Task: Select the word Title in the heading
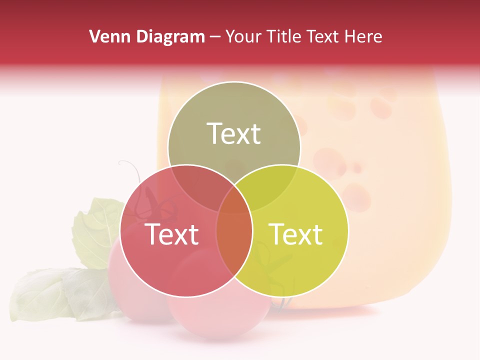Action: [285, 36]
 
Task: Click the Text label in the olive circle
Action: [234, 133]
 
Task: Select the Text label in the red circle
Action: [171, 234]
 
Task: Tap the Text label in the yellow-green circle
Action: [296, 234]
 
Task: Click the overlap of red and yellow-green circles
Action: [234, 235]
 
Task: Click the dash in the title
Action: [215, 36]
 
